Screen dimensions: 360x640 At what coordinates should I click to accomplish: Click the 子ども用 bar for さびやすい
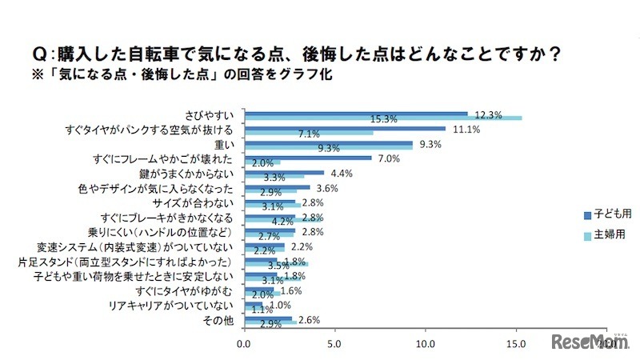(x=355, y=114)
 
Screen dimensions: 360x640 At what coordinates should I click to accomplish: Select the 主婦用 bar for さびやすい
(x=382, y=118)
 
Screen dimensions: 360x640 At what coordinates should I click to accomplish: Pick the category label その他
(x=220, y=320)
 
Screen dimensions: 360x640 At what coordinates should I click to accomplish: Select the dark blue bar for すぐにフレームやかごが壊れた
(x=307, y=158)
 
